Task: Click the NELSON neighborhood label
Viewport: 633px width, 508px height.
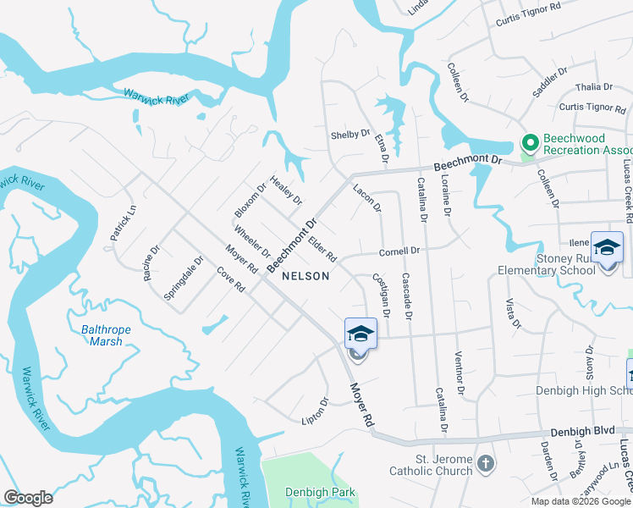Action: (x=305, y=276)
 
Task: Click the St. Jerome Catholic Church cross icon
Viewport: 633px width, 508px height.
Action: (x=485, y=463)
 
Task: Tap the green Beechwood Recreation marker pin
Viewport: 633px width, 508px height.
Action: (x=530, y=143)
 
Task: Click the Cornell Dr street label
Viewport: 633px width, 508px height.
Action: (x=399, y=251)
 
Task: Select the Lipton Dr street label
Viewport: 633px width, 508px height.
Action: (x=314, y=412)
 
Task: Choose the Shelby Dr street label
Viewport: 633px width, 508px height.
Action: (x=350, y=135)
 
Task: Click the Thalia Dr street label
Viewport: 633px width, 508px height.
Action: (x=593, y=87)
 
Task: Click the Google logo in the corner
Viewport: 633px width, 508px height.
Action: (x=29, y=498)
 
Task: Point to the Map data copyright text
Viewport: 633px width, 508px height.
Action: (x=581, y=501)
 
